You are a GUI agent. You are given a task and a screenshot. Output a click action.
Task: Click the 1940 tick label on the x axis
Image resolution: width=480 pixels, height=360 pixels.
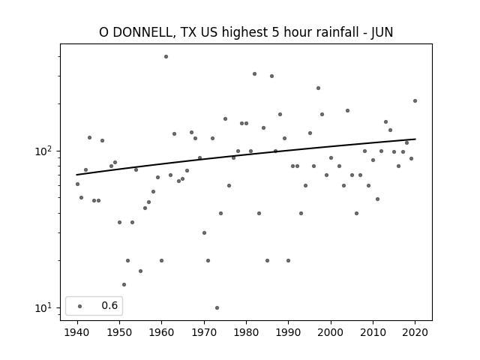coord(77,332)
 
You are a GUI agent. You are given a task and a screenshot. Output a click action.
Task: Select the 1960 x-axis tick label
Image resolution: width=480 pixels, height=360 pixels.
coord(162,332)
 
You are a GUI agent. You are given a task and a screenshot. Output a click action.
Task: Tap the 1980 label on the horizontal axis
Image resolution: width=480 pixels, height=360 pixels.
coord(246,332)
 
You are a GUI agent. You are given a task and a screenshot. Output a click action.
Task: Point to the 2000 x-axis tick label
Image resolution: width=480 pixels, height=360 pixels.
coord(331,332)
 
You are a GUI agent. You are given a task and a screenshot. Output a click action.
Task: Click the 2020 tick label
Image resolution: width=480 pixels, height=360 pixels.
coord(415,332)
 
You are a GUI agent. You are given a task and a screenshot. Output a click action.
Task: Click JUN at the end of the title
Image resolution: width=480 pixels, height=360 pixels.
coord(382,32)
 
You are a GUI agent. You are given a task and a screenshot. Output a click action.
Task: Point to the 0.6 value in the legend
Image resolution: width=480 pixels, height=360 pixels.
coord(109,305)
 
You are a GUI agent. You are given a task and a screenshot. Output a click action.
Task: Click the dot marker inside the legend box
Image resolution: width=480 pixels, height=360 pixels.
coord(80,306)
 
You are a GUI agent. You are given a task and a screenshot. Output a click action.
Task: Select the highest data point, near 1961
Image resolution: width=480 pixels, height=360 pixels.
coord(166,57)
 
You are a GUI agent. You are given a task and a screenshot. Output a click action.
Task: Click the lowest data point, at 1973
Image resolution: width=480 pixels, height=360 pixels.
coord(217,308)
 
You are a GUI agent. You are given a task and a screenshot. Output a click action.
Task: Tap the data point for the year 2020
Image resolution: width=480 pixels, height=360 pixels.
coord(415,101)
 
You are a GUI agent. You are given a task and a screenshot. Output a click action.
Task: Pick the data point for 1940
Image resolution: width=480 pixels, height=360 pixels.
coord(77,184)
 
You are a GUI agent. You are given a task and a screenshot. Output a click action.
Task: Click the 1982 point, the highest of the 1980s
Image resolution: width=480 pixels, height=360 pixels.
coord(255,73)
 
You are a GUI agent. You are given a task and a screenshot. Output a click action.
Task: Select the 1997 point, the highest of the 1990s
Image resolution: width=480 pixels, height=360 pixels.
coord(318,88)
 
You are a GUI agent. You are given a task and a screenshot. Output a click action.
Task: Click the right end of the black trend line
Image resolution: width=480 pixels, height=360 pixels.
coord(415,139)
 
